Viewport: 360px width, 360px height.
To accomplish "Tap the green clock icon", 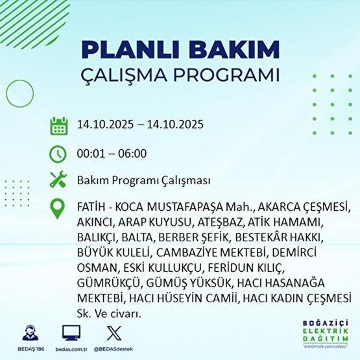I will click(x=58, y=154).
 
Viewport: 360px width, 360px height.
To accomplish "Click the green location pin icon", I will click(x=58, y=209).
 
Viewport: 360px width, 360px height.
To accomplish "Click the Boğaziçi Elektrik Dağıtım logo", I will click(x=325, y=334).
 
